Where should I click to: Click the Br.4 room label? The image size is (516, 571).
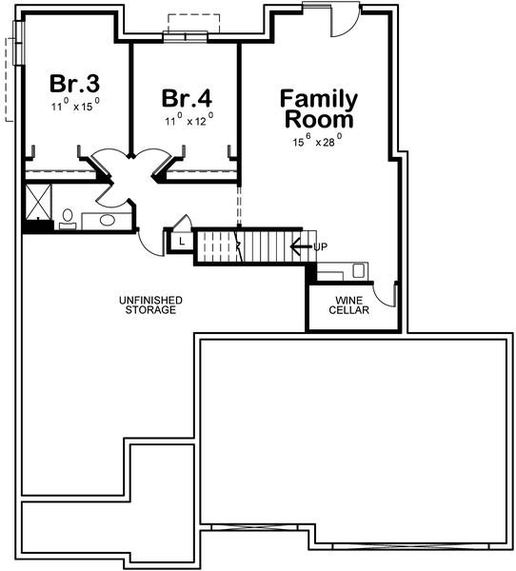tap(186, 97)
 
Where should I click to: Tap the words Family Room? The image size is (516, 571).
tap(318, 109)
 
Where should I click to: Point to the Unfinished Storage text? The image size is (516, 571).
tap(150, 305)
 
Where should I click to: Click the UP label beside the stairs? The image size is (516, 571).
tap(321, 247)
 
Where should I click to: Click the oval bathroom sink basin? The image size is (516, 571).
tap(107, 220)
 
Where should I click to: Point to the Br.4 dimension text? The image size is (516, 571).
tap(187, 120)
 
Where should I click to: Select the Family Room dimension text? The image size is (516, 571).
tap(318, 140)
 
